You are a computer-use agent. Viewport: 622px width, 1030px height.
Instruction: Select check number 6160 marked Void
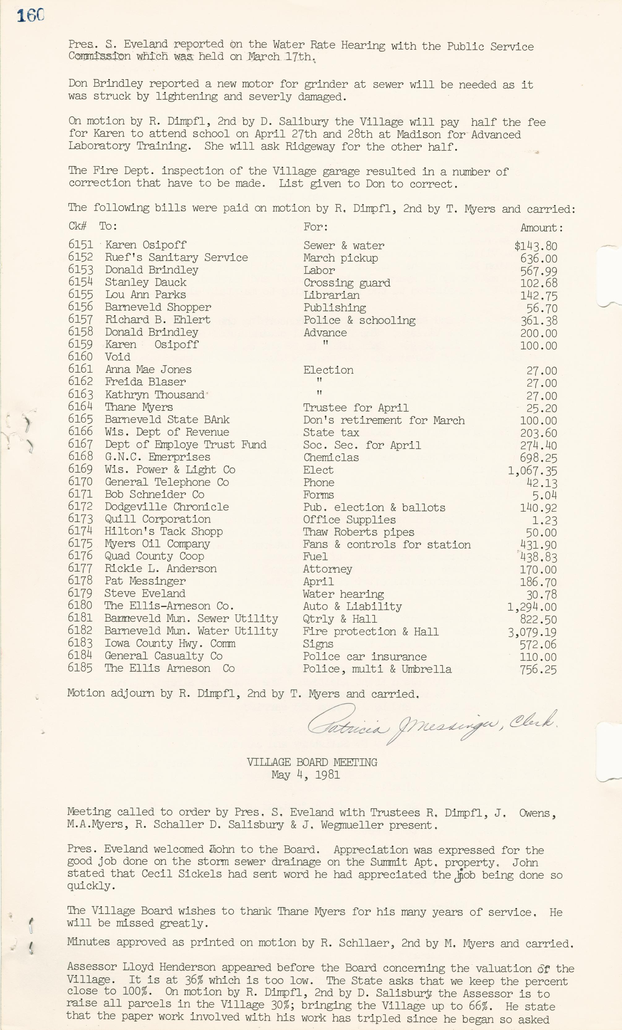pos(80,357)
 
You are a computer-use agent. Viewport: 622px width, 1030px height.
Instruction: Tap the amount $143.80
pos(535,246)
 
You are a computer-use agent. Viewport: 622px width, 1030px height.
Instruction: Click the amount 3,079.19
pos(532,632)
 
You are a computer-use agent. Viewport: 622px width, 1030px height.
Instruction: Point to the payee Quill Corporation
pos(158,519)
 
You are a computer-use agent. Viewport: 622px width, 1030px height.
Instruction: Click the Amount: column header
pos(541,228)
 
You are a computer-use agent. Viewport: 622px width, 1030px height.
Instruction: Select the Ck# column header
pos(77,226)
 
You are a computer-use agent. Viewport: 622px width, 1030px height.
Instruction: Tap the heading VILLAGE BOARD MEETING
pos(311,762)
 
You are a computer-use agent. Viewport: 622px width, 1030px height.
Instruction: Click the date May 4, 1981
pos(306,775)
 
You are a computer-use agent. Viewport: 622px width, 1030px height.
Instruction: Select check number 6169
pos(80,469)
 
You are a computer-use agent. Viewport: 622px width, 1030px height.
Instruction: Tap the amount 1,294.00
pos(532,607)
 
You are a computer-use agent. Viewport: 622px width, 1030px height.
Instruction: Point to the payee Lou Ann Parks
pos(145,295)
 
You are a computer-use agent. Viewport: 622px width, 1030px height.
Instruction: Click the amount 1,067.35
pos(532,471)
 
